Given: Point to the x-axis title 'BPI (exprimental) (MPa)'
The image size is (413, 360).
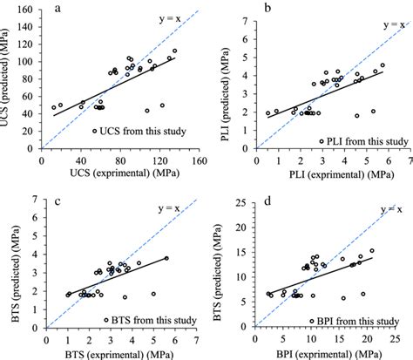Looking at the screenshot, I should [x=330, y=353].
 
